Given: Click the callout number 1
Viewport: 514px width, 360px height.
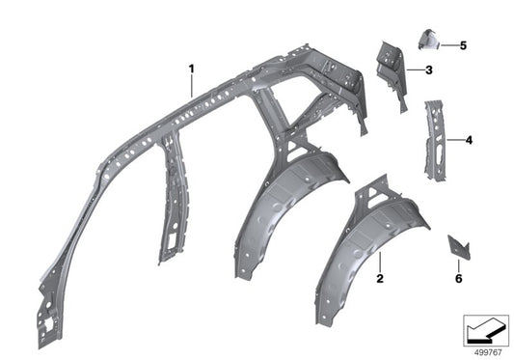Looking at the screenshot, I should (x=191, y=68).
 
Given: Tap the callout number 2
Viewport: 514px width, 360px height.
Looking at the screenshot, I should (x=380, y=279).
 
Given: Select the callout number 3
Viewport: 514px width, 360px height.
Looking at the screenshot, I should (x=428, y=69).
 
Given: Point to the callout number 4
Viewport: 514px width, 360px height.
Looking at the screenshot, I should (x=468, y=140).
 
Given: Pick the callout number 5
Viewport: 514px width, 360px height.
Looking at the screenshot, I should (x=462, y=45).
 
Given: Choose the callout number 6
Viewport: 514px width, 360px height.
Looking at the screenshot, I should (x=458, y=279).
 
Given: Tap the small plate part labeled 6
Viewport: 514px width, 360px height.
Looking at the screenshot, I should (x=457, y=248).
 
